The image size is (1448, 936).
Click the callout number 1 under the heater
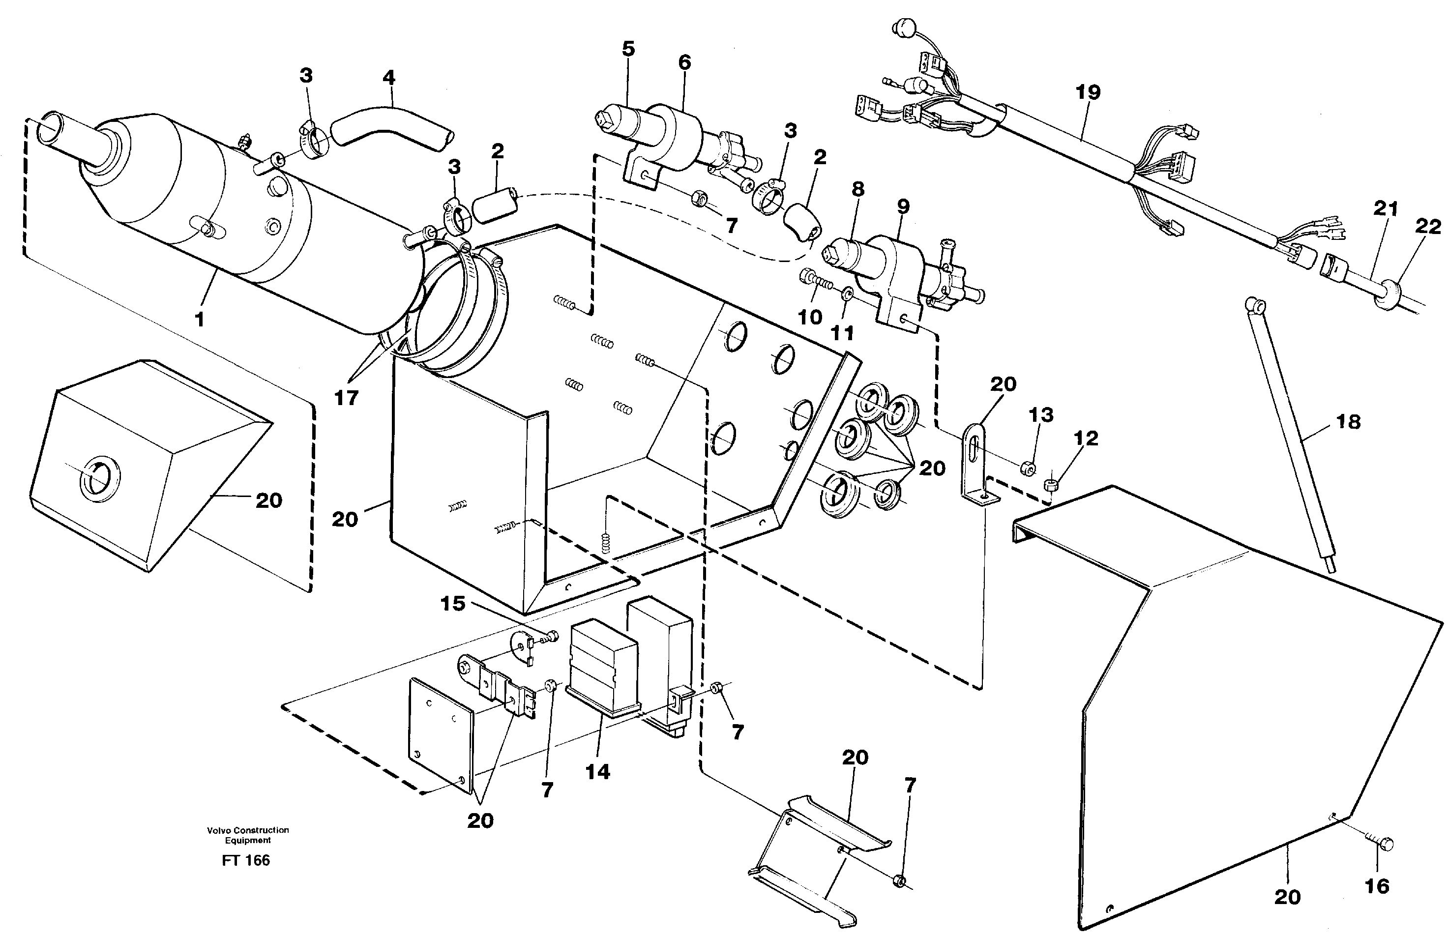coord(200,319)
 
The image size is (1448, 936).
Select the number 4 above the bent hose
coord(389,78)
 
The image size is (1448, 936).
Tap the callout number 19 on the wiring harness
coord(1088,92)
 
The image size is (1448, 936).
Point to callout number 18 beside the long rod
coord(1348,422)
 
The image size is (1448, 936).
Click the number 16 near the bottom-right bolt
coord(1376,887)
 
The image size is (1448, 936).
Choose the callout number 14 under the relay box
coord(597,772)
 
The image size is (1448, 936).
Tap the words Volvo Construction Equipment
coord(247,835)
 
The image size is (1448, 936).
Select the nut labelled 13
coord(1027,468)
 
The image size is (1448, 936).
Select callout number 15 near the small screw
coord(452,604)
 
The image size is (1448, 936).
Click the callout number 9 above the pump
coord(903,206)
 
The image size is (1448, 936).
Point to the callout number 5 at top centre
coord(628,49)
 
